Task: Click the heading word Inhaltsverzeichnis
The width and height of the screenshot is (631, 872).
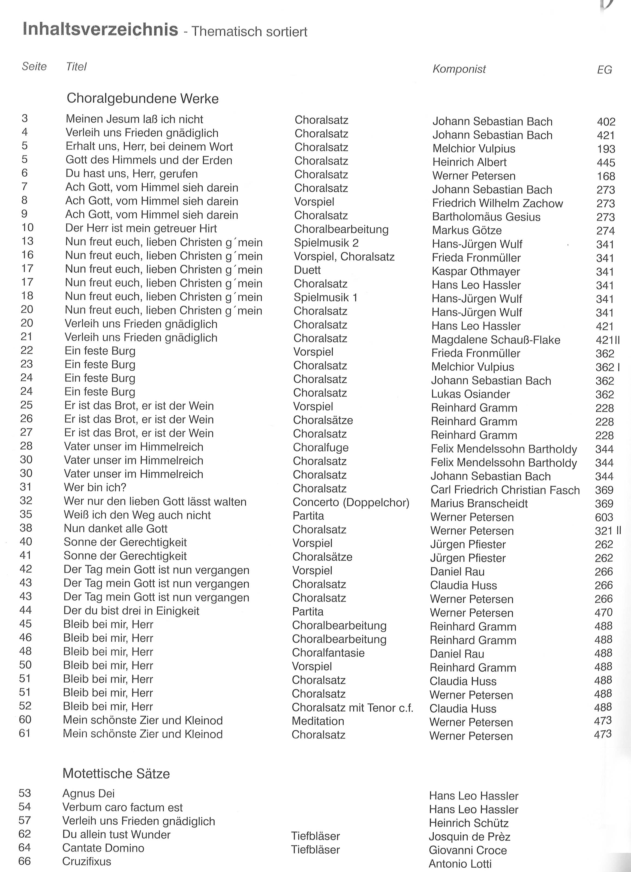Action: pos(100,29)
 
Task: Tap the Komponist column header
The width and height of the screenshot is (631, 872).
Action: pos(459,69)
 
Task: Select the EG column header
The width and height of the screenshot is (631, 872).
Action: pos(604,70)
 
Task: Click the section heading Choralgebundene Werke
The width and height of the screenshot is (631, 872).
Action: pos(143,99)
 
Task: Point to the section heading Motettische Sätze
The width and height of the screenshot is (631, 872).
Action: pos(116,773)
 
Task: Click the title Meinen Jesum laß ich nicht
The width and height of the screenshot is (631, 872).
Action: pos(134,119)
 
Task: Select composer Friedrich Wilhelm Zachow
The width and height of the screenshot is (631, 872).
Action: pos(497,203)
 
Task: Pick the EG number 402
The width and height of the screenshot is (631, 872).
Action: pos(606,122)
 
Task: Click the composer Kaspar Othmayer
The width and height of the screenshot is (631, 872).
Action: pos(476,272)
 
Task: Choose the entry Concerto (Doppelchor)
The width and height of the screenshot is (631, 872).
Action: pos(351,502)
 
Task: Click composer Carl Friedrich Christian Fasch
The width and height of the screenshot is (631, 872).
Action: pos(505,490)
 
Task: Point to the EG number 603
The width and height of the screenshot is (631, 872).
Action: pos(604,517)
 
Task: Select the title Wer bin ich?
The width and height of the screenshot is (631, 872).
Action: pos(95,487)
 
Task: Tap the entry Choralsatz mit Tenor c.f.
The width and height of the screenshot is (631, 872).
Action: pos(352,707)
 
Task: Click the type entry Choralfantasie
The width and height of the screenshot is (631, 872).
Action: pos(328,653)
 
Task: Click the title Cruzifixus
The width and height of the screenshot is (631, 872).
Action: pos(87,861)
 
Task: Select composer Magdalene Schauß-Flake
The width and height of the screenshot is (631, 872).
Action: pos(495,340)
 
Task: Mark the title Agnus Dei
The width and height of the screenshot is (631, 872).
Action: pos(88,793)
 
